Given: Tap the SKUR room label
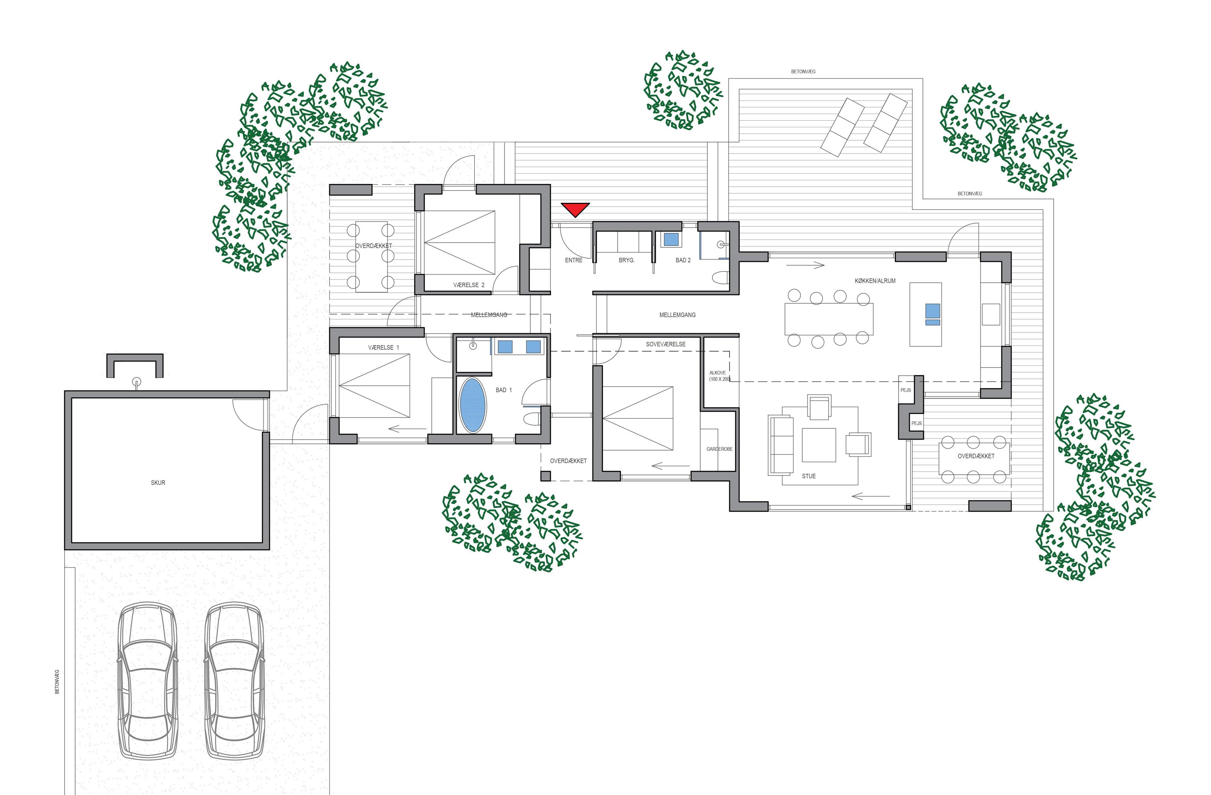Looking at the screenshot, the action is coord(158,483).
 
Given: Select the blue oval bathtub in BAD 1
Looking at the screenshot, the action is coord(473,405).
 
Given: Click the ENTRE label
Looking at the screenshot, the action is coord(573,260).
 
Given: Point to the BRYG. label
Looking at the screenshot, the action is coord(626,260).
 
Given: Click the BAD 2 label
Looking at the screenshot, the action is coord(683,260).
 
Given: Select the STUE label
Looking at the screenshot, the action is coord(808,476).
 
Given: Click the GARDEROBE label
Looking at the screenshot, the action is coord(720,449).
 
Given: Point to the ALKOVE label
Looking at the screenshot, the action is coord(717,373).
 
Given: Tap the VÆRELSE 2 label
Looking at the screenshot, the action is coord(469,285).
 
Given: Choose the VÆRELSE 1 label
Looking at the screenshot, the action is coord(384,347).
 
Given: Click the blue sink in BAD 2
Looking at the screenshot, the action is coord(671,239).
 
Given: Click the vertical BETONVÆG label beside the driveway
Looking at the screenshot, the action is coord(57,682).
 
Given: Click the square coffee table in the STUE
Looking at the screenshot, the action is coord(819,445).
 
